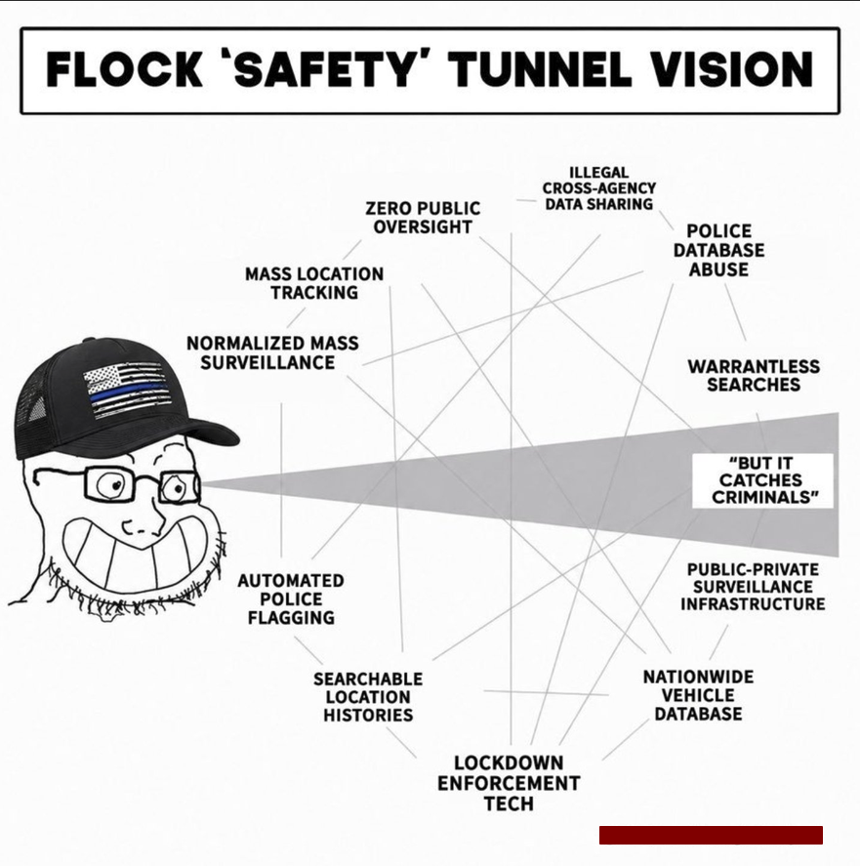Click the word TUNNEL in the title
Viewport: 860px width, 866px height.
[x=542, y=70]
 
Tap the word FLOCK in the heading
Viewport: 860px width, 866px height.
[x=124, y=70]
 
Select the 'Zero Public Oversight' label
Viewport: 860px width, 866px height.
[x=423, y=218]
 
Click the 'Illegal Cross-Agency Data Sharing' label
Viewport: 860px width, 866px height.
[x=599, y=188]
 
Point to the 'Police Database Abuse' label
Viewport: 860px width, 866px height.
[x=718, y=250]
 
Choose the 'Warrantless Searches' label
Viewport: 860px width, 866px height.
[x=754, y=376]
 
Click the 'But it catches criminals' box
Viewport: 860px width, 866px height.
[x=762, y=480]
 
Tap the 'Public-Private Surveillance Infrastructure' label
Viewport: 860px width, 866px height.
[x=753, y=587]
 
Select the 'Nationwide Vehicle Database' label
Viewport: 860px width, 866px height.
[x=698, y=695]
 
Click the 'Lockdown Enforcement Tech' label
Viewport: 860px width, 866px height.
[x=509, y=783]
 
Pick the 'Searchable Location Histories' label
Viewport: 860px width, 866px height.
[x=368, y=697]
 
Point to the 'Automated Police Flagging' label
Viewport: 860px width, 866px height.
[x=291, y=599]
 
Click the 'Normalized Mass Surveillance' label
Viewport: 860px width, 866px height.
[x=272, y=352]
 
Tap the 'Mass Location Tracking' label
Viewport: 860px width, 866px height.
[x=314, y=283]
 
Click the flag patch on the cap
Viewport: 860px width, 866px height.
[x=125, y=391]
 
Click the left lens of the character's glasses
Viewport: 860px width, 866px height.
[x=108, y=485]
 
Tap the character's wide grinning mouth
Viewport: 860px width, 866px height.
[x=137, y=554]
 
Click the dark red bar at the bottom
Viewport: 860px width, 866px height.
[x=711, y=835]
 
